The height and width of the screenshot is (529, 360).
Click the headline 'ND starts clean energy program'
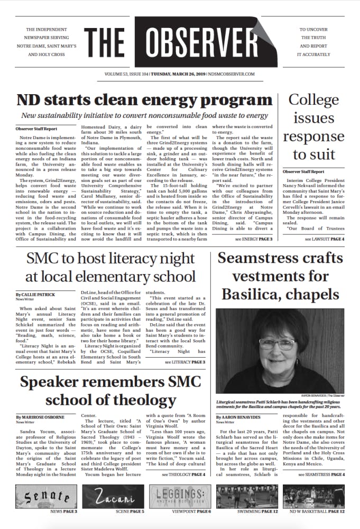pos(144,100)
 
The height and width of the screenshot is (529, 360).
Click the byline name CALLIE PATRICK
pos(39,294)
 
